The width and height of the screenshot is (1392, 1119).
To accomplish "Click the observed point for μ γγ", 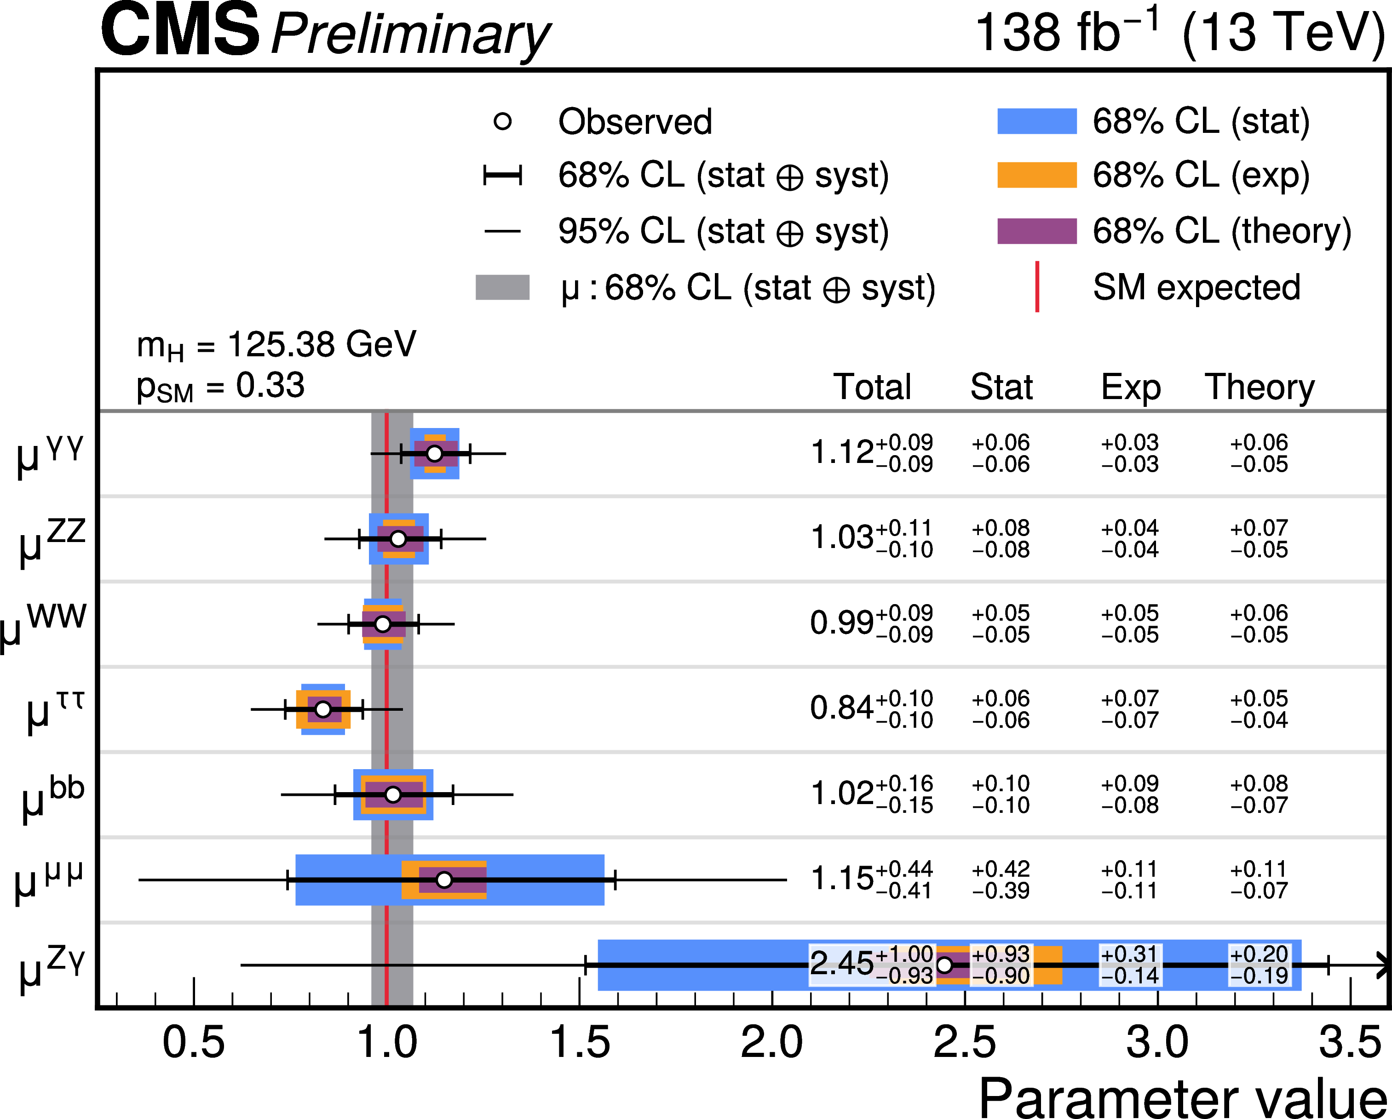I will (x=435, y=454).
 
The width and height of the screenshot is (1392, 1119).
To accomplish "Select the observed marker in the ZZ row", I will (x=398, y=539).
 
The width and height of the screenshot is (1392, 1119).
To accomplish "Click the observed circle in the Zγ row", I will (x=944, y=965).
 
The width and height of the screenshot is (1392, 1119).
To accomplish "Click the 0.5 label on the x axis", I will (x=194, y=1043).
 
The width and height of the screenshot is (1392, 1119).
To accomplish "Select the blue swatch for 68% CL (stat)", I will (x=1037, y=121).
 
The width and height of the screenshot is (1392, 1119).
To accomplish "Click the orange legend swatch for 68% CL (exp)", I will (x=1037, y=175).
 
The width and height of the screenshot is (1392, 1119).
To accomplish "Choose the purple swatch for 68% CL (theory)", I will (x=1037, y=231).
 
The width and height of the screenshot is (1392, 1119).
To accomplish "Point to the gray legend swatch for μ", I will (x=502, y=287).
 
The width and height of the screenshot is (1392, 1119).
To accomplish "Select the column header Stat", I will (x=1001, y=387).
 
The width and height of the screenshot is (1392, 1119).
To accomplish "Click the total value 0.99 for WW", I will (x=841, y=623).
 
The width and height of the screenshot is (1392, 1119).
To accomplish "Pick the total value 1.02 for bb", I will (x=841, y=794).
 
